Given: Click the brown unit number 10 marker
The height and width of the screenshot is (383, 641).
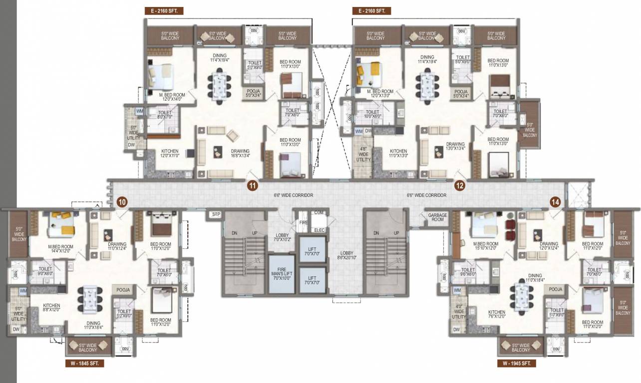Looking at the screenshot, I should pyautogui.click(x=122, y=201).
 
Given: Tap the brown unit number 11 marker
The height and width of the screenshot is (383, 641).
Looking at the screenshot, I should pyautogui.click(x=253, y=186).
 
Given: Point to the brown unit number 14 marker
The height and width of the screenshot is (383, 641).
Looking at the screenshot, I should pyautogui.click(x=556, y=201).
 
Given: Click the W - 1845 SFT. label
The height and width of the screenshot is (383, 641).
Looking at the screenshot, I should pyautogui.click(x=84, y=364).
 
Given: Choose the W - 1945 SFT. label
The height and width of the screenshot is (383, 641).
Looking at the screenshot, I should pyautogui.click(x=517, y=364).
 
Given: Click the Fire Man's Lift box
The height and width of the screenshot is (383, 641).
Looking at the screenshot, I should pyautogui.click(x=282, y=274).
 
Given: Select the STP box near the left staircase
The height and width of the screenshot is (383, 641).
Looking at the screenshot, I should pyautogui.click(x=216, y=214).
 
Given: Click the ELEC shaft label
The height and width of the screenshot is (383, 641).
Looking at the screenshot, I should pyautogui.click(x=319, y=230).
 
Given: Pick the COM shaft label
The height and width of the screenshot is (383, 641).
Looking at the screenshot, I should pyautogui.click(x=319, y=213).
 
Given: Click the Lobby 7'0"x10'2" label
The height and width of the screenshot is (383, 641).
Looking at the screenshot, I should pyautogui.click(x=283, y=238).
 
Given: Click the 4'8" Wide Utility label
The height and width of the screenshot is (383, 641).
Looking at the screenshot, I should pyautogui.click(x=363, y=154).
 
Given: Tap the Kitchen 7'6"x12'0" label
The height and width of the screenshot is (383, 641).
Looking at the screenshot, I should pyautogui.click(x=497, y=315).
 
